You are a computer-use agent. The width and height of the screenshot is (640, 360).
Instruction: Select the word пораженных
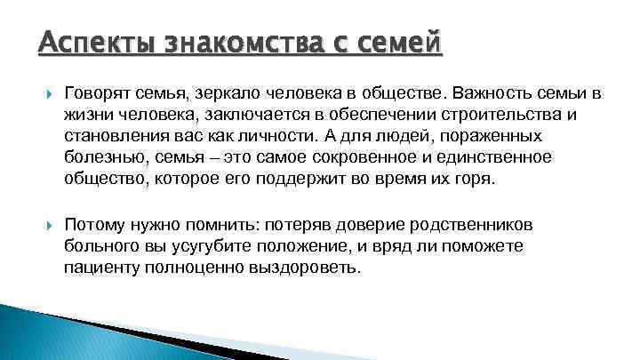475,135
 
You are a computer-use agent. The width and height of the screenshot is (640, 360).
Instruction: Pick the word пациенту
103,268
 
